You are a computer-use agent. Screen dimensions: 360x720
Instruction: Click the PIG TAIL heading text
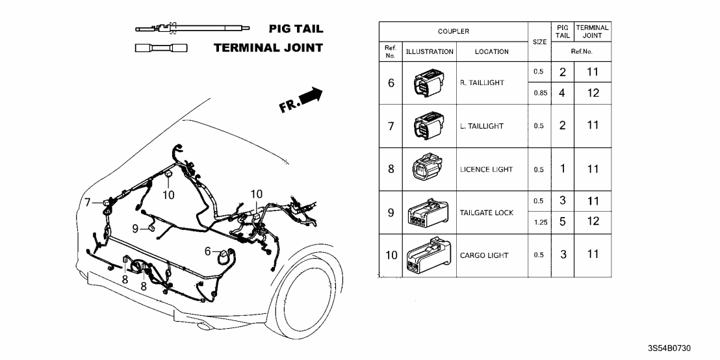[295, 29]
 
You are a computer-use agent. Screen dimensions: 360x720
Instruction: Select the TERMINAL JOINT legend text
[268, 49]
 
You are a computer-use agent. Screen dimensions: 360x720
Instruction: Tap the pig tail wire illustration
[193, 29]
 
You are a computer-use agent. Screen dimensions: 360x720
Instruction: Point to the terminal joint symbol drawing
[159, 49]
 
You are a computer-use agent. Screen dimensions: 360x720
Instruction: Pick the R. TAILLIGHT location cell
[482, 83]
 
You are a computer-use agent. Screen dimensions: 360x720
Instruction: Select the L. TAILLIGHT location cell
[482, 126]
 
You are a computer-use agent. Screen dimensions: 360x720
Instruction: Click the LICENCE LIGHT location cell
[487, 170]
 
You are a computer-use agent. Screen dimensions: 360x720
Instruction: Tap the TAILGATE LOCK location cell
[486, 212]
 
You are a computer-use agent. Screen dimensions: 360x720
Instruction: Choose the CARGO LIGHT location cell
[484, 255]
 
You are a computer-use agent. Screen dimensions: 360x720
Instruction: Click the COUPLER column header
[453, 31]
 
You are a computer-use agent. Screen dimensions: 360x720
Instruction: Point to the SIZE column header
[539, 42]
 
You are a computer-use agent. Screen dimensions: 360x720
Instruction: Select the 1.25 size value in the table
[538, 222]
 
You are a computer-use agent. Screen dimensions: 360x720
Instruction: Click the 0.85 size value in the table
[538, 93]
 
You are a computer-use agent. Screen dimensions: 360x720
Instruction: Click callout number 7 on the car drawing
[87, 203]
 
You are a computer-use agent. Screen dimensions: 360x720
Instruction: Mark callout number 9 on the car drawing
[135, 228]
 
